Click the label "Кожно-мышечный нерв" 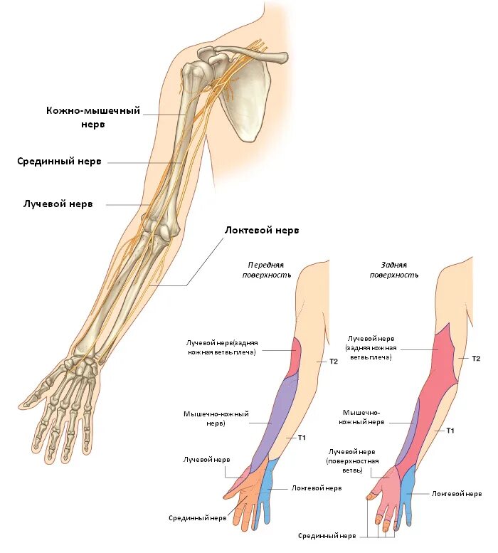[x=92, y=117]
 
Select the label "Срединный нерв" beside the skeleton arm [x=59, y=162]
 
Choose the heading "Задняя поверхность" [x=393, y=268]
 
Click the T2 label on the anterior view [x=333, y=362]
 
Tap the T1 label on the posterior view [x=450, y=431]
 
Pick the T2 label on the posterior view [x=476, y=358]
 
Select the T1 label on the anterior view [x=301, y=436]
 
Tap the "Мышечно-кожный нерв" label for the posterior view [x=363, y=417]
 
